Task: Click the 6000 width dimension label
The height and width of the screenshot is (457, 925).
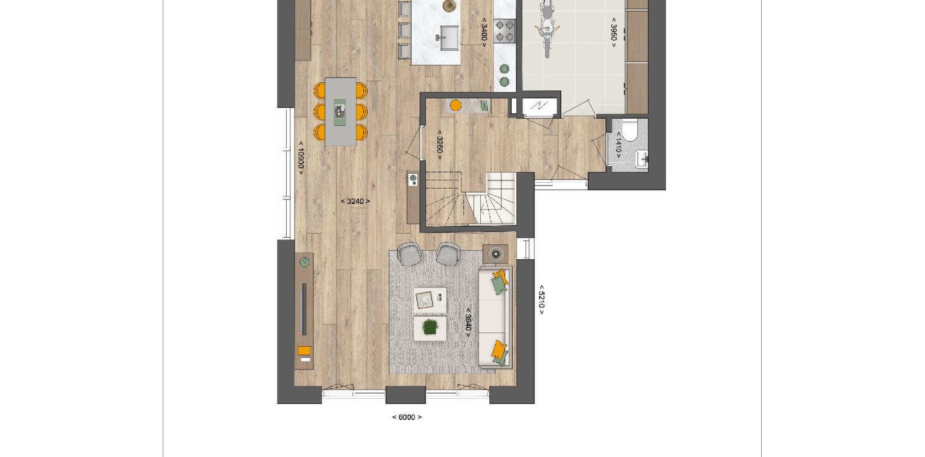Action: click(x=407, y=418)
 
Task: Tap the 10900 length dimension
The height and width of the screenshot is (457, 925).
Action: click(x=301, y=158)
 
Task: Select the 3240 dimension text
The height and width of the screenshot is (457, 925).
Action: click(x=355, y=201)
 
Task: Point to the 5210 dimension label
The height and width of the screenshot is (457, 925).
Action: click(x=541, y=299)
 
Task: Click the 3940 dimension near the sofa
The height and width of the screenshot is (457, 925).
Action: click(x=468, y=322)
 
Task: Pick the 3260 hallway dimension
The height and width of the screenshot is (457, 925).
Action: click(x=440, y=145)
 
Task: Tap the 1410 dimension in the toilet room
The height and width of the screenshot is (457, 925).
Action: click(x=618, y=145)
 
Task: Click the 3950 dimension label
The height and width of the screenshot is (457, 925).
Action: click(x=614, y=32)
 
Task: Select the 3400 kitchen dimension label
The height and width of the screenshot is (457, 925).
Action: click(x=484, y=32)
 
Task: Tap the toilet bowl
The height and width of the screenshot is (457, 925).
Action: click(x=630, y=130)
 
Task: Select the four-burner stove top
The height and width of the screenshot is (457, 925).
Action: click(x=505, y=31)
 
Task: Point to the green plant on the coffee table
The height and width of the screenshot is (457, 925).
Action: click(x=431, y=328)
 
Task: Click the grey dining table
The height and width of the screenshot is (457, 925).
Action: click(x=341, y=111)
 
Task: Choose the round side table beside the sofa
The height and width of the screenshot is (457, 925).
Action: click(x=496, y=254)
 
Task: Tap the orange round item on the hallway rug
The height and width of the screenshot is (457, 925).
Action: click(x=456, y=105)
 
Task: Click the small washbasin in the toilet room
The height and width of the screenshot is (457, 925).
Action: click(x=642, y=159)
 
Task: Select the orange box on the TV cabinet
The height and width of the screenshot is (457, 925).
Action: click(x=304, y=351)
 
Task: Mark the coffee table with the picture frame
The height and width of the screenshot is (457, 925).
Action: click(x=430, y=300)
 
